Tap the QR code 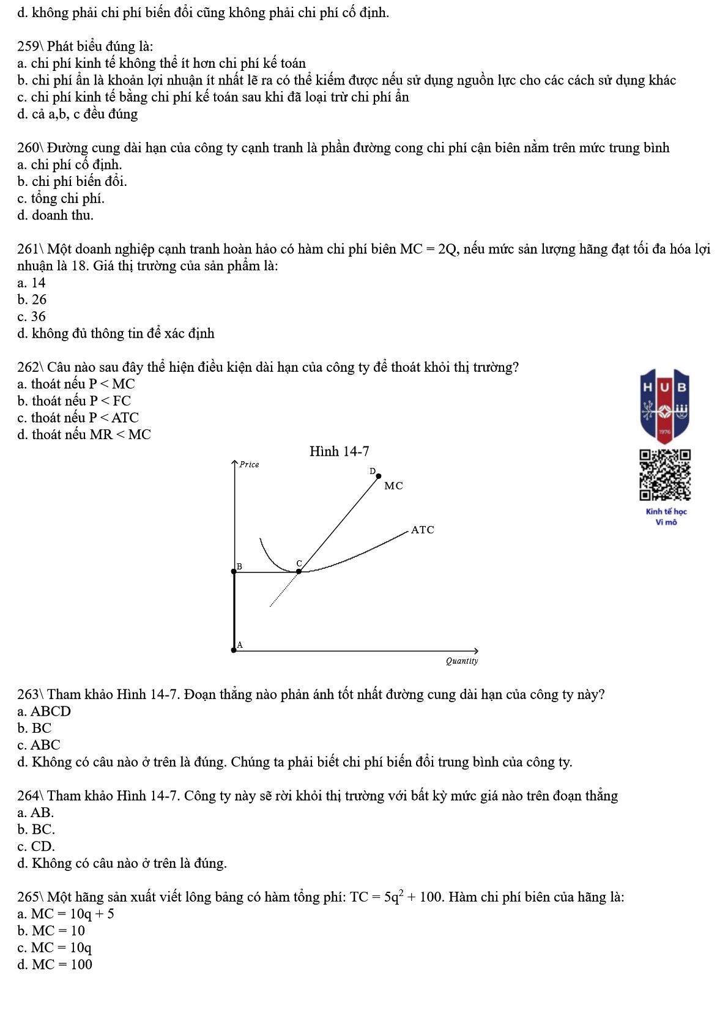[665, 475]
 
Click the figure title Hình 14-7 [339, 451]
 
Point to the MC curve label [393, 486]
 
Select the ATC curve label [422, 530]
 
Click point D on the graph [378, 476]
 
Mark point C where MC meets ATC [299, 571]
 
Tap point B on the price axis [234, 571]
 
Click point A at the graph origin [234, 650]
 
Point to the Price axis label [249, 465]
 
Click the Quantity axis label [462, 661]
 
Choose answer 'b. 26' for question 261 [32, 300]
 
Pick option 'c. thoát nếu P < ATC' [78, 418]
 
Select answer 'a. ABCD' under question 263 [44, 711]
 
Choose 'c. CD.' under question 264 [36, 847]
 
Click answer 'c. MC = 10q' [54, 947]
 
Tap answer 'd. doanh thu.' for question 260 [55, 215]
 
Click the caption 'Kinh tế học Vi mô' [666, 516]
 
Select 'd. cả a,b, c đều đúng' [77, 114]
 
